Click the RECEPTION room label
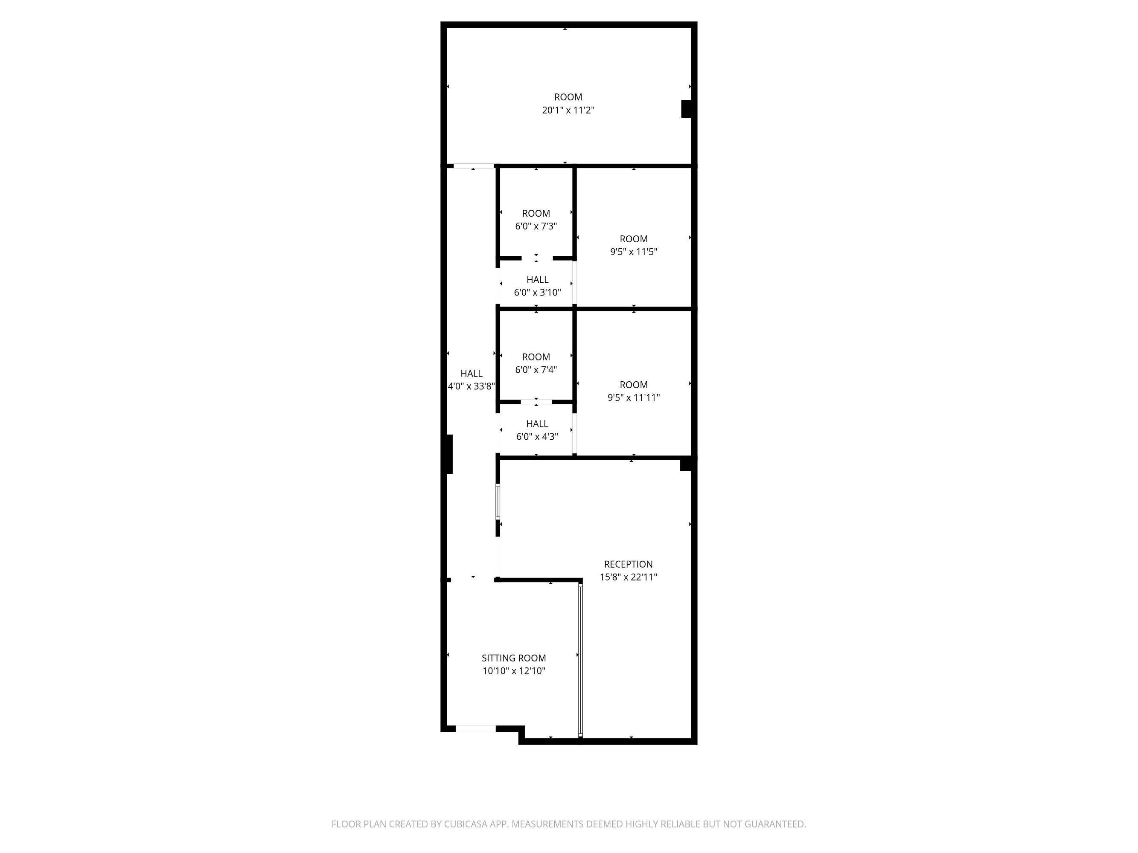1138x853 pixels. [628, 564]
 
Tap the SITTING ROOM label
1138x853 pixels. [513, 658]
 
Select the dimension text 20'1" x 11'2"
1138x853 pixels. [568, 110]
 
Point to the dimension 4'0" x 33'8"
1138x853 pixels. [471, 386]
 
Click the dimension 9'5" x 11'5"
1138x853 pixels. [633, 252]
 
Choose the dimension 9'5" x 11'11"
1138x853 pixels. [633, 397]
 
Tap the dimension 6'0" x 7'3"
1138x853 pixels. [536, 226]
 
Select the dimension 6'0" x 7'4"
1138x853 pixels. [536, 370]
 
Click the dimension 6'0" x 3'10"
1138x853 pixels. [537, 293]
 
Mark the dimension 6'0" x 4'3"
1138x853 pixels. [537, 437]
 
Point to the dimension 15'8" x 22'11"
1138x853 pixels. [628, 577]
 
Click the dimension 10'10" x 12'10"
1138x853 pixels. [513, 670]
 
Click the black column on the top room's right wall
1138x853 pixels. [686, 109]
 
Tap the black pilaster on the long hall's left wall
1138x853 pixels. [450, 454]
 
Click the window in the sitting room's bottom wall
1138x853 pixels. [475, 728]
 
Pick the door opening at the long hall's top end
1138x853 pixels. [473, 166]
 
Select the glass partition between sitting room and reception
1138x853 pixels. [580, 660]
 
